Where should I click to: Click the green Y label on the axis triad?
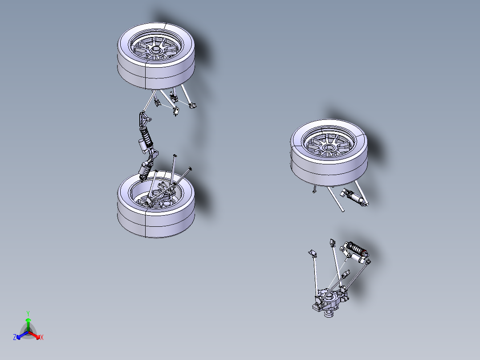28,313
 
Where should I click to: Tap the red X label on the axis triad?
42,338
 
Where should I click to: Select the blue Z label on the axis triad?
15,338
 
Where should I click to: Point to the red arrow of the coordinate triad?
36,335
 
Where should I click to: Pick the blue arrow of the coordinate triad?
20,335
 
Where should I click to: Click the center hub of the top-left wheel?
156,52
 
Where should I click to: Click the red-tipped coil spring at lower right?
356,248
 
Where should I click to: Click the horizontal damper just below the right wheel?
355,197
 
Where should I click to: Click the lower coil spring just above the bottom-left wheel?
145,172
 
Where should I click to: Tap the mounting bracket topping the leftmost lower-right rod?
312,254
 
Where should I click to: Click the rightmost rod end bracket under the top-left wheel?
192,106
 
